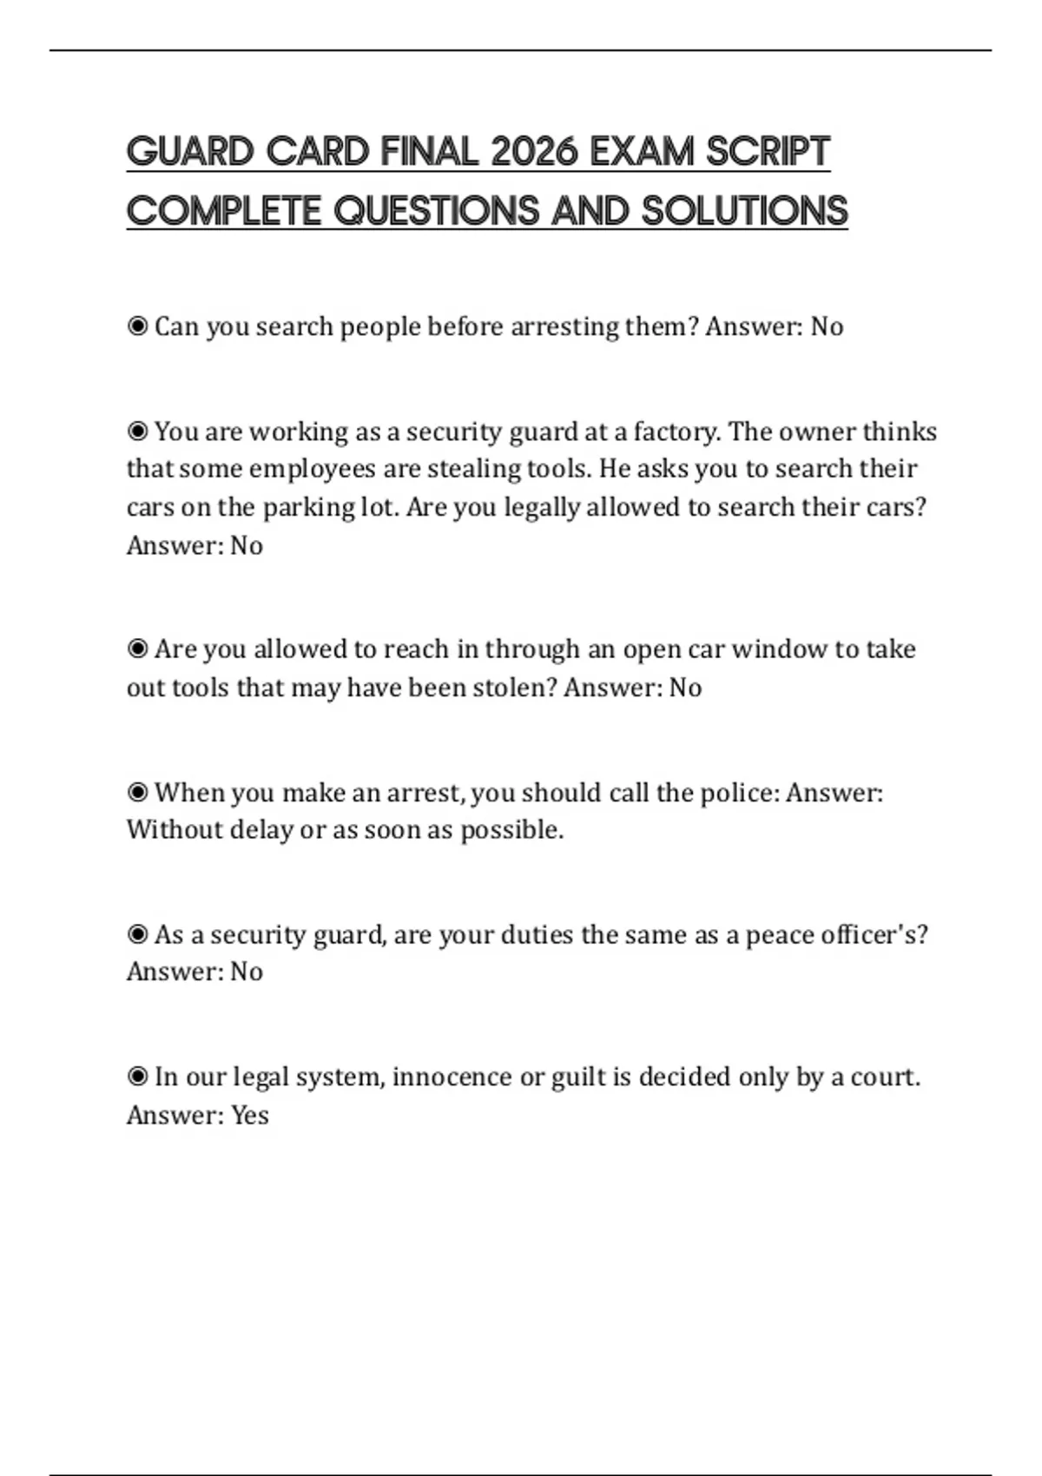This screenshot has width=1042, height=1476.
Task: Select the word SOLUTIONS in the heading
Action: click(x=744, y=211)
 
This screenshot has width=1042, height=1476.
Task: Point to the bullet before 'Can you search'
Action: click(x=137, y=326)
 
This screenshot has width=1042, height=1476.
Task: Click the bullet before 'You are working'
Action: click(x=137, y=432)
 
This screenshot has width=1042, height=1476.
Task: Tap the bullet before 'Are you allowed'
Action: click(x=137, y=649)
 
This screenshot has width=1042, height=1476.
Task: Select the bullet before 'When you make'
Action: click(x=137, y=792)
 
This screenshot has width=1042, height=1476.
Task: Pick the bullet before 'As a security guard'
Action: click(x=137, y=934)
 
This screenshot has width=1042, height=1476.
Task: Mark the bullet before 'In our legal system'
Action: click(x=137, y=1077)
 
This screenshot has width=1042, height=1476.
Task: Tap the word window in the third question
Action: click(x=779, y=649)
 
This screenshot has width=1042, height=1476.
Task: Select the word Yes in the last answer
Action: click(x=249, y=1115)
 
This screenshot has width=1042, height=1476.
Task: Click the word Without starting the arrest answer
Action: click(x=175, y=829)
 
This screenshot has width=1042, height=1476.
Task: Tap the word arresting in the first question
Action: click(x=564, y=326)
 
